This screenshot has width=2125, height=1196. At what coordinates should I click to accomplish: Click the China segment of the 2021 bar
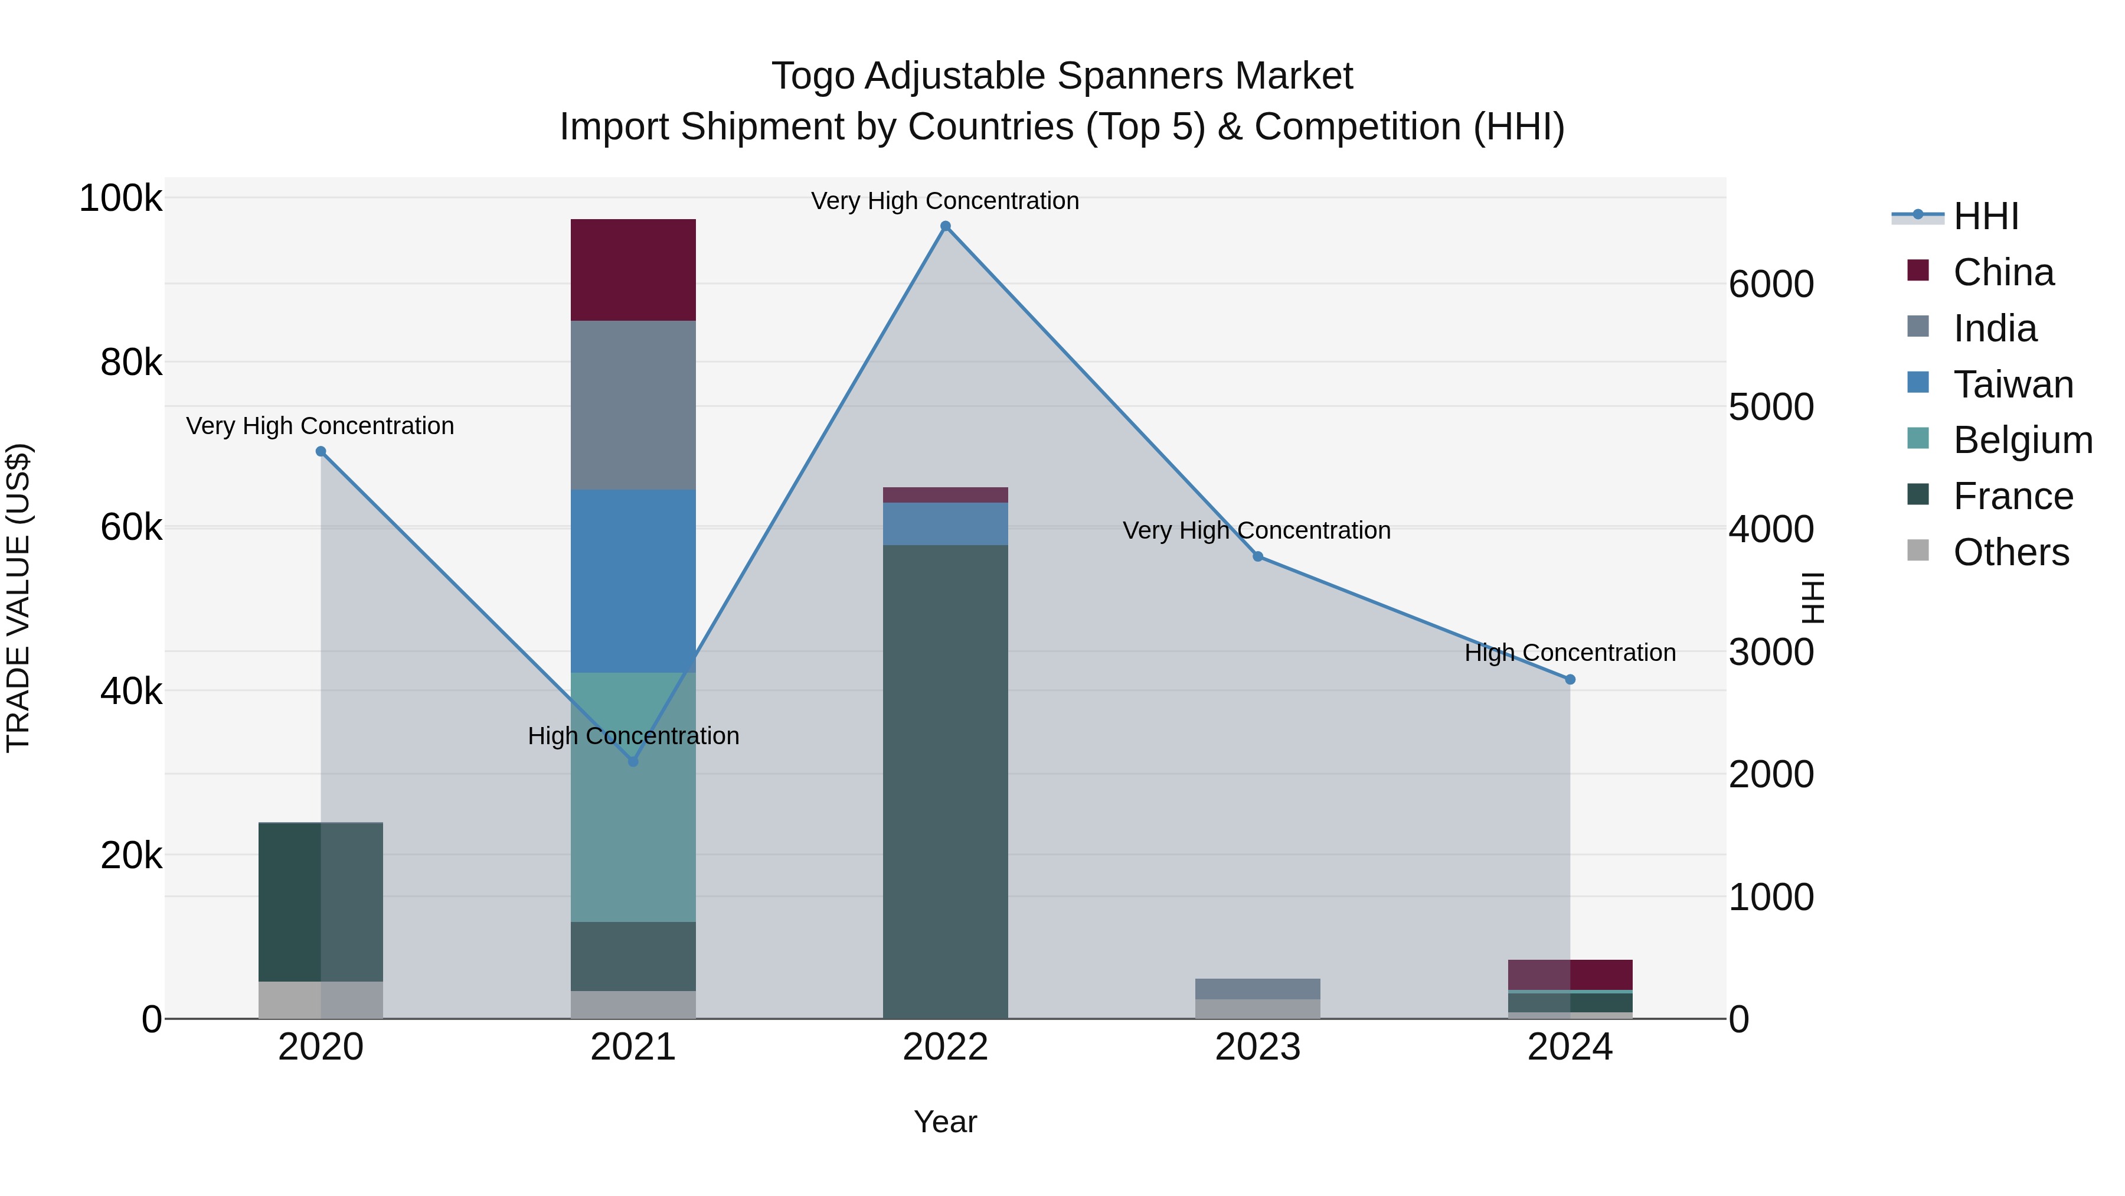(x=633, y=269)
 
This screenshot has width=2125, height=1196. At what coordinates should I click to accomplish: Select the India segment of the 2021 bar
(x=633, y=405)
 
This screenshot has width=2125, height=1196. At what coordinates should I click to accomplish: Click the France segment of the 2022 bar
(x=946, y=781)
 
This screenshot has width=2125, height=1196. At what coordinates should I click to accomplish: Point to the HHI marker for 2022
(x=946, y=226)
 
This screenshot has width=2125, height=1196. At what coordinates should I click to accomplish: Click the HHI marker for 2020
(x=321, y=451)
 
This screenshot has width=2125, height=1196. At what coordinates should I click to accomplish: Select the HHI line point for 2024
(x=1570, y=679)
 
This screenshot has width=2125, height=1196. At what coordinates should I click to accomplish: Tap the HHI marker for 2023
(x=1257, y=556)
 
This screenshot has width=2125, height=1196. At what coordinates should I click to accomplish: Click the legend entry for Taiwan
(x=2012, y=384)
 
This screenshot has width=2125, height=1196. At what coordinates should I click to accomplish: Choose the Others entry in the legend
(x=2010, y=552)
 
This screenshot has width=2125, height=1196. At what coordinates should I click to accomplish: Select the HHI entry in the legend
(x=1986, y=216)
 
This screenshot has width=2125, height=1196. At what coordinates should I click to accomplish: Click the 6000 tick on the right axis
(x=1770, y=284)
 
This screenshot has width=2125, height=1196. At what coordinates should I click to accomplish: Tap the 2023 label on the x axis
(x=1257, y=1047)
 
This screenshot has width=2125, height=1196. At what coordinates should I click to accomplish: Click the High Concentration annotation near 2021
(x=633, y=735)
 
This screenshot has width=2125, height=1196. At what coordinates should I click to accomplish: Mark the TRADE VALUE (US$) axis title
(x=18, y=598)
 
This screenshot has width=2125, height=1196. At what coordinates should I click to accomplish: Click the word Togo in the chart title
(x=812, y=76)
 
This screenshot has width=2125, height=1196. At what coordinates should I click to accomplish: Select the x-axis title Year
(x=946, y=1122)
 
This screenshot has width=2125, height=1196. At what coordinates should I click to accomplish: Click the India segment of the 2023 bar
(x=1257, y=988)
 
